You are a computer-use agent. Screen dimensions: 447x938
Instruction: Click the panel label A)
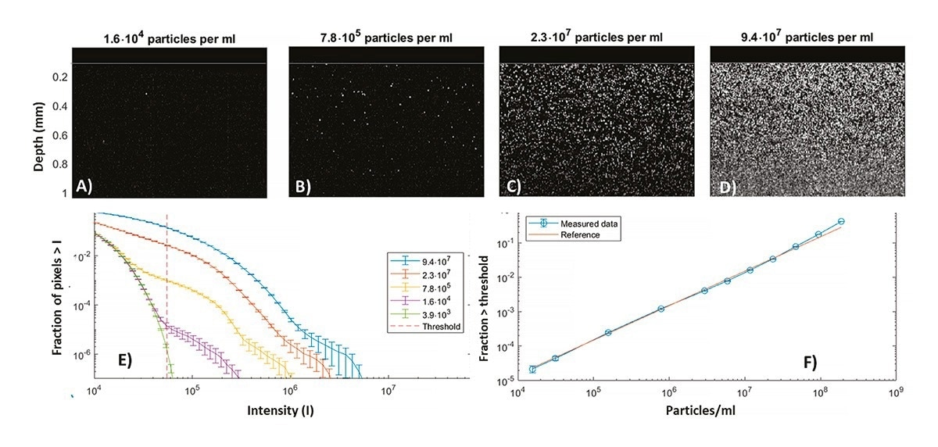[84, 185]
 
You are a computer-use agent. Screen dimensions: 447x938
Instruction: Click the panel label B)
[301, 185]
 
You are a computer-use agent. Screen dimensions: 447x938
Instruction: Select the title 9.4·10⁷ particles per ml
[807, 37]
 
